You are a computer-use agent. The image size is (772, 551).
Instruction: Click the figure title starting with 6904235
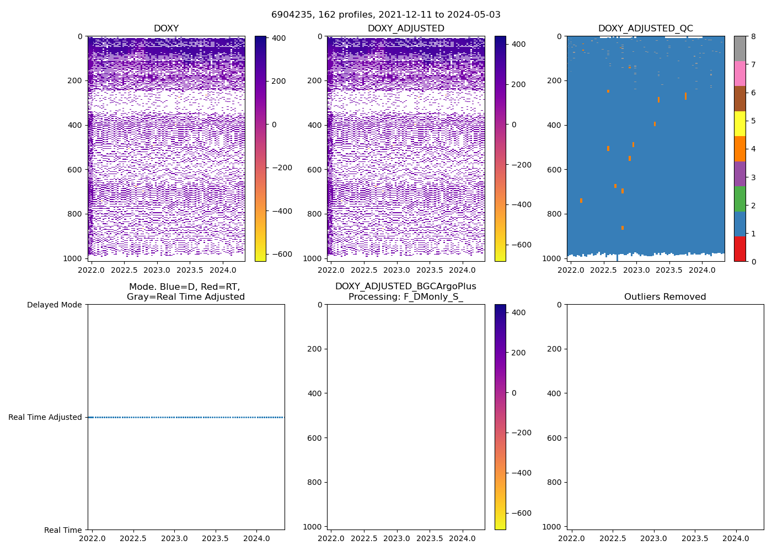pos(385,15)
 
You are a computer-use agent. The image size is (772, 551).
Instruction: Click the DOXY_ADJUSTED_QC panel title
pos(645,29)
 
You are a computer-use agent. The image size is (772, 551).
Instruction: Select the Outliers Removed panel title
pos(664,297)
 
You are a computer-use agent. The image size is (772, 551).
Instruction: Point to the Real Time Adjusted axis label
pos(45,417)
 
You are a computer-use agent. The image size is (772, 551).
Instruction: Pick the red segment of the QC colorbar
pos(739,249)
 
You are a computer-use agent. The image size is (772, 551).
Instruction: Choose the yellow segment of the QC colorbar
pos(739,123)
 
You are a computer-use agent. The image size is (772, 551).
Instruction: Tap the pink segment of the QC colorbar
pos(739,73)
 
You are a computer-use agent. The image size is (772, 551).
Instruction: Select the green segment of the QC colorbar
pos(739,198)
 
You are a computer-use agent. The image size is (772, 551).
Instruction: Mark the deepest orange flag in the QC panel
pos(623,228)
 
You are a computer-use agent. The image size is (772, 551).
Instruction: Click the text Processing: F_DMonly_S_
pos(405,297)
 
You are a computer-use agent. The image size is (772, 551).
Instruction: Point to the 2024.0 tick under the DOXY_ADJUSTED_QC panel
pos(702,270)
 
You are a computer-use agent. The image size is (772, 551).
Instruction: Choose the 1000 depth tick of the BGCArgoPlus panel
pos(315,527)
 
